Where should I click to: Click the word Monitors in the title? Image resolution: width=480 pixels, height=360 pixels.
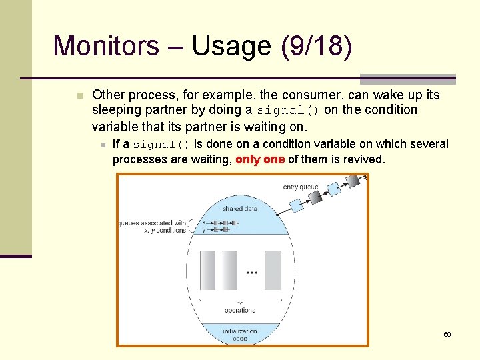[106, 47]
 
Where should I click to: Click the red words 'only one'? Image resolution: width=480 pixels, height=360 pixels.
[260, 159]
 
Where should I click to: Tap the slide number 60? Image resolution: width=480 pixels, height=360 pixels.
[447, 334]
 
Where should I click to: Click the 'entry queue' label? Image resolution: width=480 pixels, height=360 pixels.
[301, 187]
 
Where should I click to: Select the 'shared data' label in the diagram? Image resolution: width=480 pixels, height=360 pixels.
[240, 208]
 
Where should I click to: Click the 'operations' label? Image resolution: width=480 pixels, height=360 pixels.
[240, 310]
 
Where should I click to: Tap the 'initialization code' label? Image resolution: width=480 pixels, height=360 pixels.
[240, 335]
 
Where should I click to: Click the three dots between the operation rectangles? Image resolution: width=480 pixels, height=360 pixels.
[253, 273]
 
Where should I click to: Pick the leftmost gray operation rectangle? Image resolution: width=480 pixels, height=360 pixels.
[207, 269]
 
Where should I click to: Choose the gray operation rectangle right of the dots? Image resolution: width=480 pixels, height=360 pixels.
[272, 269]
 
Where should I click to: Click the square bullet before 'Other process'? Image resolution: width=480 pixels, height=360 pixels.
[80, 95]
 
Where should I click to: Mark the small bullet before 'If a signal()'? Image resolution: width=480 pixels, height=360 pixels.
[104, 145]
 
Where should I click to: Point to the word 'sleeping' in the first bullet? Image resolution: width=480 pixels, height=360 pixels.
[115, 110]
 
